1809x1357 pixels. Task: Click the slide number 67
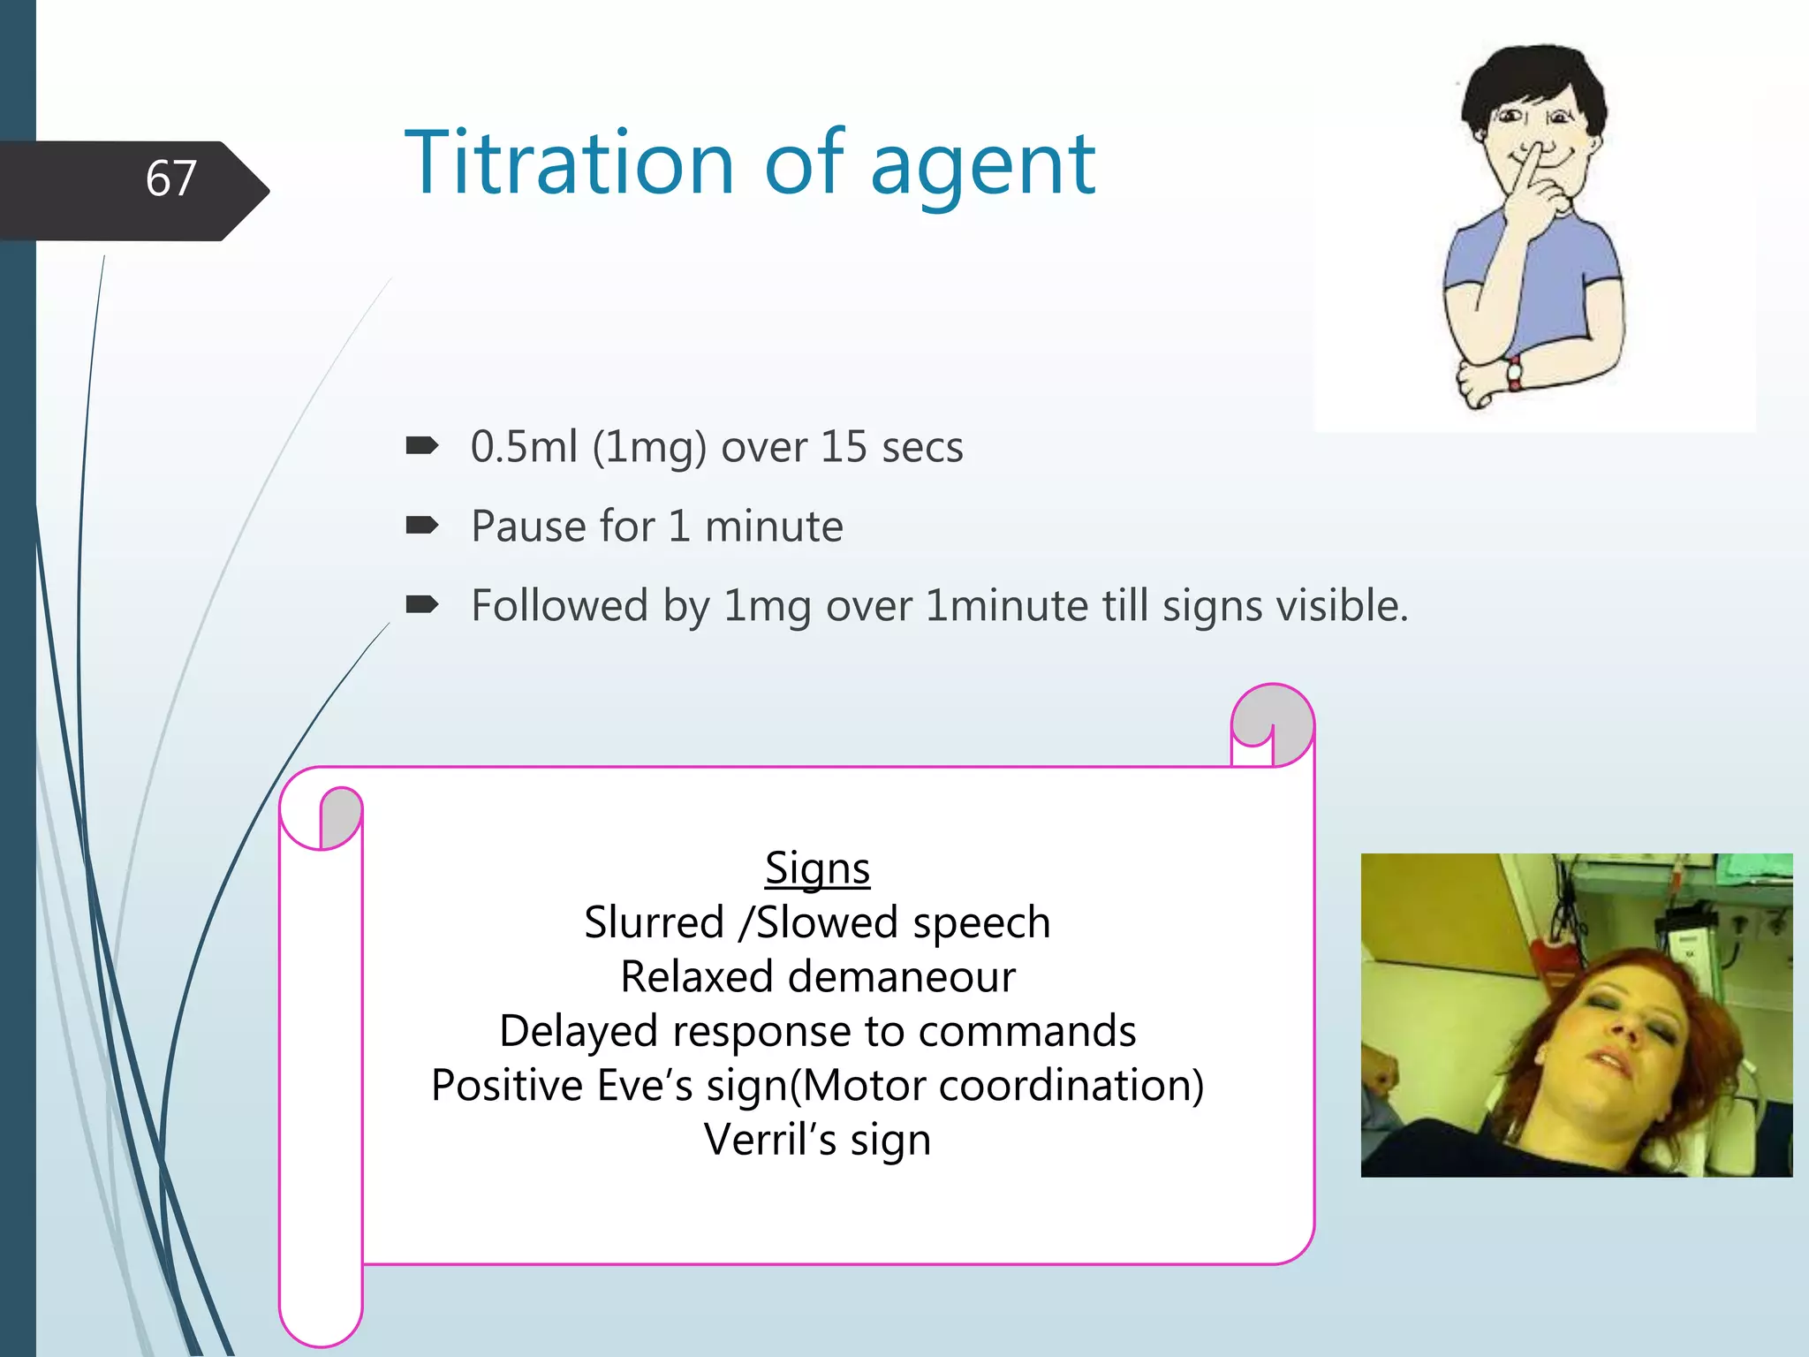pos(170,179)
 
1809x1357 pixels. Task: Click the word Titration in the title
pos(569,163)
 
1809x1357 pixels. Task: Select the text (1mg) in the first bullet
pos(649,447)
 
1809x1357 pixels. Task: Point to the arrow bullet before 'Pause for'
pos(421,527)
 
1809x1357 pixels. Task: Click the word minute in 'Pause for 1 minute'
pos(774,527)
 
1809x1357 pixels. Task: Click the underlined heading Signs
pos(817,868)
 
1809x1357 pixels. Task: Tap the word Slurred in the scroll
pos(654,922)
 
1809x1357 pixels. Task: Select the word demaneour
pos(901,977)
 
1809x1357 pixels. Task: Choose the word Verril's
pos(769,1140)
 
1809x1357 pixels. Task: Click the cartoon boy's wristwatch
pos(1514,373)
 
